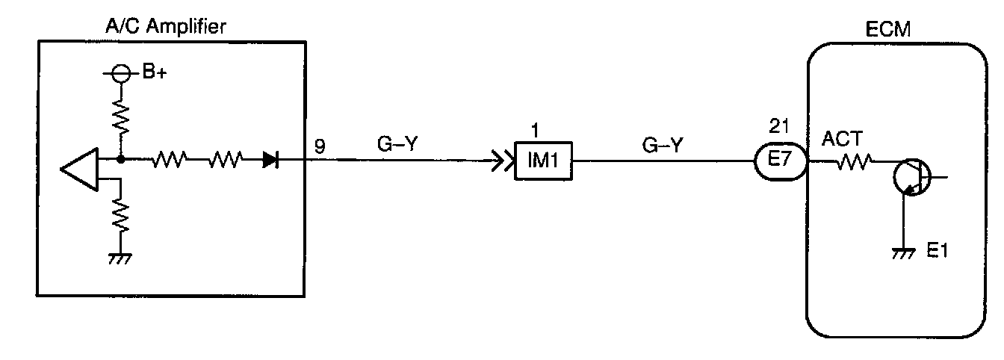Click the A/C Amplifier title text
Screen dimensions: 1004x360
click(166, 28)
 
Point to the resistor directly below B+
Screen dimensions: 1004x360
click(120, 115)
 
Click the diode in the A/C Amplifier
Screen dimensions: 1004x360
click(270, 159)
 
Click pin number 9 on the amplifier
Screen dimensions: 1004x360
click(319, 146)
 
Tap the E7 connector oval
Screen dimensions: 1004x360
click(781, 161)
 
